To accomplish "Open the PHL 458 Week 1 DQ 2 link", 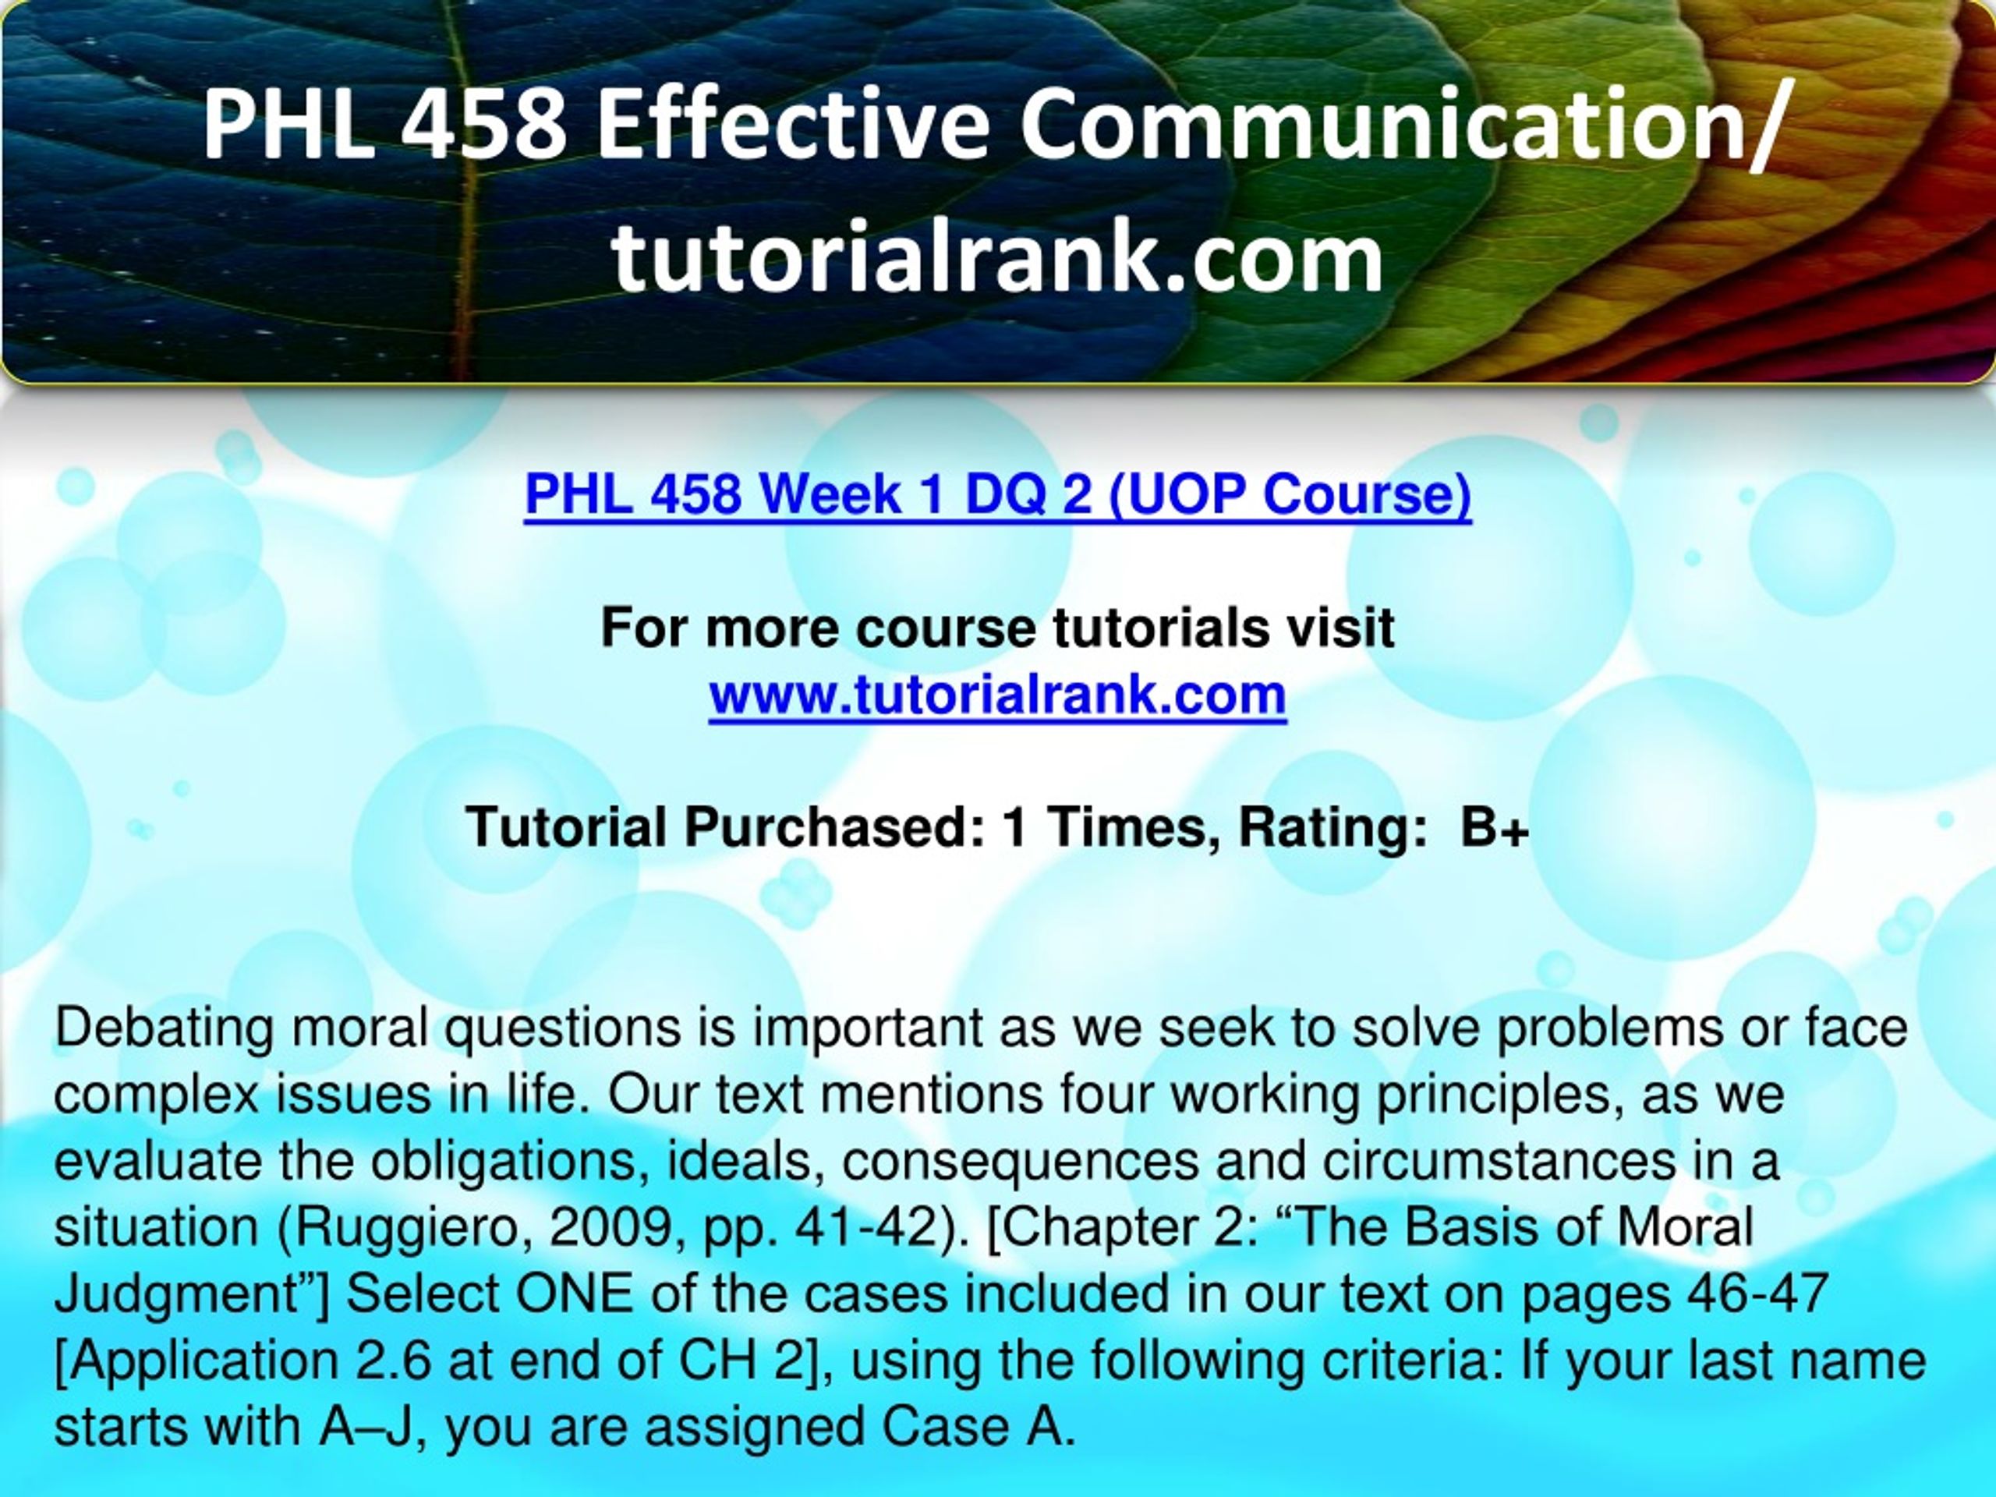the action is pyautogui.click(x=997, y=495).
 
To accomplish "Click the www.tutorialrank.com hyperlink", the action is pyautogui.click(x=997, y=695).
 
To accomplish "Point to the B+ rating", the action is pyautogui.click(x=1495, y=826).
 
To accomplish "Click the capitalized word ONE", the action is pyautogui.click(x=574, y=1295).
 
